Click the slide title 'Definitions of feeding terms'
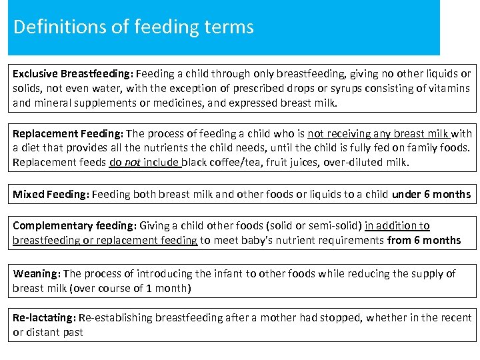pos(133,27)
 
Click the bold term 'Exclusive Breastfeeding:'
pos(73,74)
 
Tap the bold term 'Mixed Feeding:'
pos(51,195)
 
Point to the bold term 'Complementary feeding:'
pos(73,226)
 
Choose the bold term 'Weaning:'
pos(37,274)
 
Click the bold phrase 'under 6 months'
pos(431,195)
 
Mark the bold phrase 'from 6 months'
pos(424,240)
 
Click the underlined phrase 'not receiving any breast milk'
pos(378,134)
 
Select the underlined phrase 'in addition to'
pos(397,226)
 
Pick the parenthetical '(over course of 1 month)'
pos(132,288)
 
